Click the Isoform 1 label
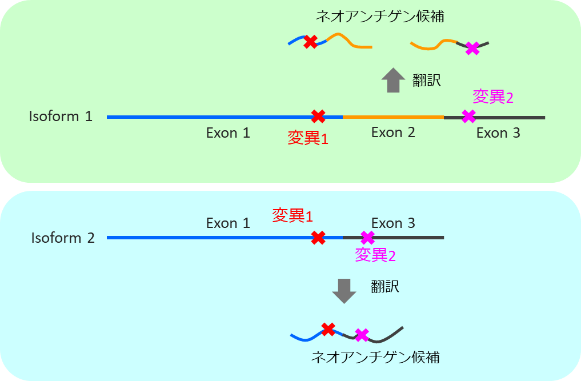coord(61,117)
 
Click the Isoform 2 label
coord(63,238)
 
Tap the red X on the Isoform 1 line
coord(318,117)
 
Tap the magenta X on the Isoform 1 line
coord(468,117)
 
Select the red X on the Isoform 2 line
coord(318,237)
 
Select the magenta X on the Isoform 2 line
coord(368,237)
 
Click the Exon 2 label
coord(393,133)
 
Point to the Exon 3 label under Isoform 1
coord(498,133)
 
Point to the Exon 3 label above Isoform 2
coord(393,223)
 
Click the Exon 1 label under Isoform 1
coord(228,133)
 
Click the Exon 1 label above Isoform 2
coord(228,223)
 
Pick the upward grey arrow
coord(392,80)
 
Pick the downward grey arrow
coord(344,291)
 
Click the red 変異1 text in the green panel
coord(308,138)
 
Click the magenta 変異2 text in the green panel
coord(493,97)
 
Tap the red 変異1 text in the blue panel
coord(292,215)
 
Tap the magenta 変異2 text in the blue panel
coord(375,255)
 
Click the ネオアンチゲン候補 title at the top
coord(380,17)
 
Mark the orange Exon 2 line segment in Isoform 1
coord(393,117)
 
